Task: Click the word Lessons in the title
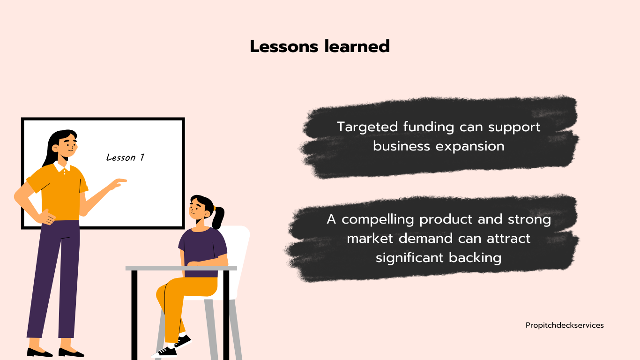(284, 46)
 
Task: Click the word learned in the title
(357, 46)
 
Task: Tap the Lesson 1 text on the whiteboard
(126, 157)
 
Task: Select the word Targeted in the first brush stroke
(367, 127)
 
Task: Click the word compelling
(378, 220)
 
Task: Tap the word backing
(475, 258)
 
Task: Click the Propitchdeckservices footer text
(565, 325)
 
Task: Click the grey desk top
(181, 268)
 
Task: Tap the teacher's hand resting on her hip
(46, 217)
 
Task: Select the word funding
(429, 127)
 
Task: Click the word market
(370, 239)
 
